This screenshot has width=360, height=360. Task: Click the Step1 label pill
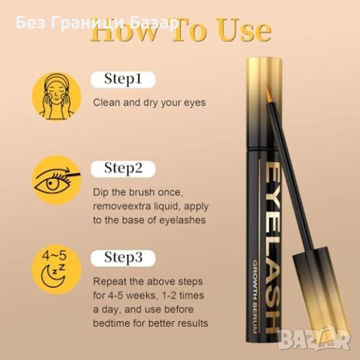pos(123,79)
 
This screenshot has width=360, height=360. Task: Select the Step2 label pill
pos(123,169)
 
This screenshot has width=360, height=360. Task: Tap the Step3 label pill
pos(123,258)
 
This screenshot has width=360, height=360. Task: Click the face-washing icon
pos(56,96)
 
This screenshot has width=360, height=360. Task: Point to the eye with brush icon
pos(56,181)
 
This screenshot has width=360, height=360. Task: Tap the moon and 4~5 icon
pos(56,269)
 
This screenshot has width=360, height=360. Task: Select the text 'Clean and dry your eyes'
pos(149,103)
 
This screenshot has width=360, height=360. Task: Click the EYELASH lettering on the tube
pos(271,248)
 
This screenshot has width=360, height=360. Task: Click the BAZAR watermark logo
pos(314,339)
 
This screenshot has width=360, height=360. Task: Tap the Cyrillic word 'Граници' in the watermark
pos(87,24)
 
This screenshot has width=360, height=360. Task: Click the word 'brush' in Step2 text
pos(142,192)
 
